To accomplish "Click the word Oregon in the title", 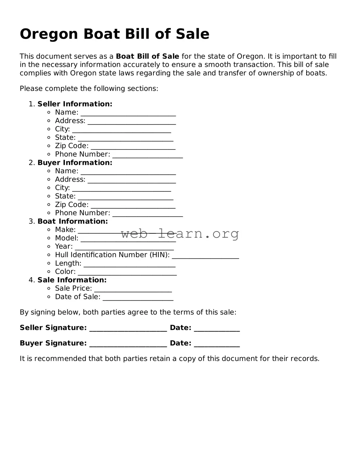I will (x=49, y=35).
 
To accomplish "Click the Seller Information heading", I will (x=75, y=104).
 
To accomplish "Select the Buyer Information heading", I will (x=75, y=163).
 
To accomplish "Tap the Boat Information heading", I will (x=72, y=222).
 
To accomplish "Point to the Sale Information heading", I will (x=72, y=280).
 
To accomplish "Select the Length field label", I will (x=68, y=263).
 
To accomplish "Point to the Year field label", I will (x=64, y=247).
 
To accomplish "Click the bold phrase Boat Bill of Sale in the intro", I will (x=147, y=56).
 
